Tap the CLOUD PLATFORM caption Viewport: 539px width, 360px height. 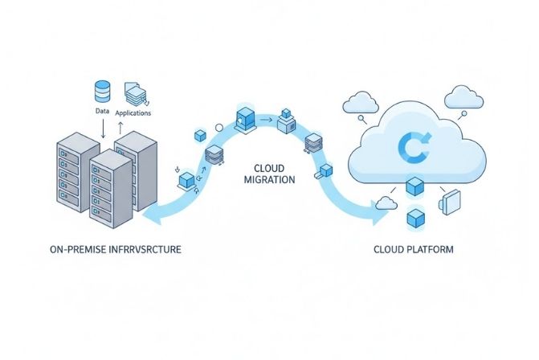pyautogui.click(x=413, y=250)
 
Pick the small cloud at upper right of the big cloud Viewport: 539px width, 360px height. pyautogui.click(x=465, y=97)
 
